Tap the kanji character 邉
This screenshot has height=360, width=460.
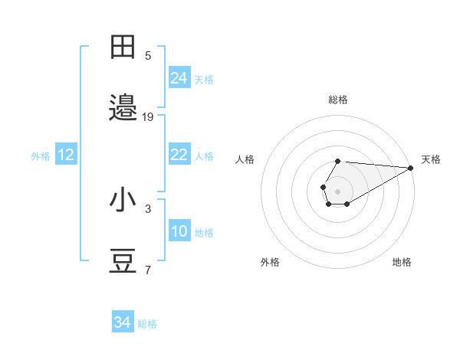point(124,108)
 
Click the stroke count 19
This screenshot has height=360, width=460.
point(148,117)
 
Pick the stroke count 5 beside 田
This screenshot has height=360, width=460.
point(148,55)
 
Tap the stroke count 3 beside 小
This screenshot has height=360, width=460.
point(148,208)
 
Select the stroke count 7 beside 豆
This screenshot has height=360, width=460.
point(148,270)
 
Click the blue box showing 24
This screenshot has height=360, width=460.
point(179,77)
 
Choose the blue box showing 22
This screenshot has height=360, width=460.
point(179,155)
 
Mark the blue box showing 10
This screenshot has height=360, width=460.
point(179,231)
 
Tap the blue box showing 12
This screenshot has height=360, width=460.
point(66,155)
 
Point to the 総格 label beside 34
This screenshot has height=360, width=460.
point(147,324)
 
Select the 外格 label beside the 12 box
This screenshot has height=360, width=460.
point(41,156)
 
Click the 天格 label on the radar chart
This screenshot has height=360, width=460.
point(431,159)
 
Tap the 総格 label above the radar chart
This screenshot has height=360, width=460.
point(338,100)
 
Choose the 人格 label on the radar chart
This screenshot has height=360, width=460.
point(245,159)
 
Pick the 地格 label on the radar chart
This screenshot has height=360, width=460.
point(402,262)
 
